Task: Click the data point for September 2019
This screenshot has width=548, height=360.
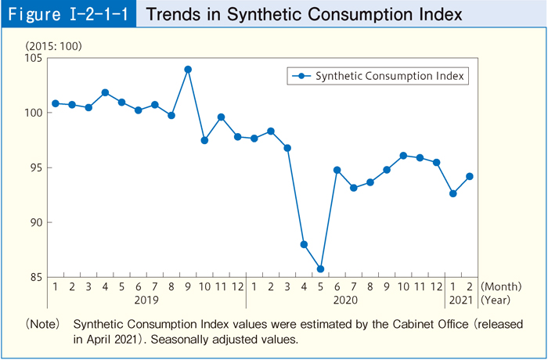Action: [x=188, y=70]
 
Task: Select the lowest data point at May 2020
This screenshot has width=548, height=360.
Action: [x=320, y=269]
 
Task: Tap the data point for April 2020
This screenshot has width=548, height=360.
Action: [x=304, y=245]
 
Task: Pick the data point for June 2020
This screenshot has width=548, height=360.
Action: [x=337, y=170]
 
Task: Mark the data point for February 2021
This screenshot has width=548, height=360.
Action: [x=470, y=176]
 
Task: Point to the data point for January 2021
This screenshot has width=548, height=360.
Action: [x=452, y=193]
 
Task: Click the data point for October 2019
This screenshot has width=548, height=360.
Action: [x=204, y=140]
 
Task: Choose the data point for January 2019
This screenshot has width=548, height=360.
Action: [x=55, y=103]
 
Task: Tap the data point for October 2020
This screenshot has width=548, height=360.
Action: [x=403, y=156]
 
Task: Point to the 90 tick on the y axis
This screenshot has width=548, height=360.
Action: [x=36, y=222]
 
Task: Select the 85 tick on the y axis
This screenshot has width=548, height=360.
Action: [x=36, y=276]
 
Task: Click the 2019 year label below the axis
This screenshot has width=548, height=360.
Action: [x=146, y=300]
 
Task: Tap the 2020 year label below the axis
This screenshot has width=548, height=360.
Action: [x=345, y=300]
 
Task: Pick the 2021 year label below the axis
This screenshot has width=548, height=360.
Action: [x=461, y=300]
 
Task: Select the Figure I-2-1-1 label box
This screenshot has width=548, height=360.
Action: [x=68, y=14]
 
